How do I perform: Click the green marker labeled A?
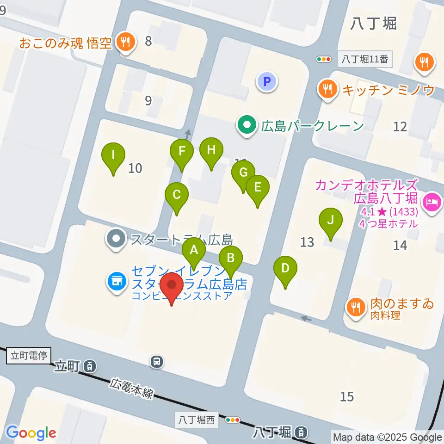point(194,251)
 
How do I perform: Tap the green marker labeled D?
point(285,268)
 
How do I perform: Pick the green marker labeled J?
point(330,220)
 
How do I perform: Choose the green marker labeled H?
point(211,150)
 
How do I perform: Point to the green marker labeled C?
point(176,195)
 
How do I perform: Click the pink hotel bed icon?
point(432,202)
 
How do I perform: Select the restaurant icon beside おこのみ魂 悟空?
point(125,43)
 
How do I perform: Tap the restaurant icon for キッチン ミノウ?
point(328,89)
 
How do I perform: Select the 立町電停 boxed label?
point(29,356)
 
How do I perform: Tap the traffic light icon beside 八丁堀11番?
point(324,59)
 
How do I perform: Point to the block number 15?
point(347,396)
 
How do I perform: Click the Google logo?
point(31,433)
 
